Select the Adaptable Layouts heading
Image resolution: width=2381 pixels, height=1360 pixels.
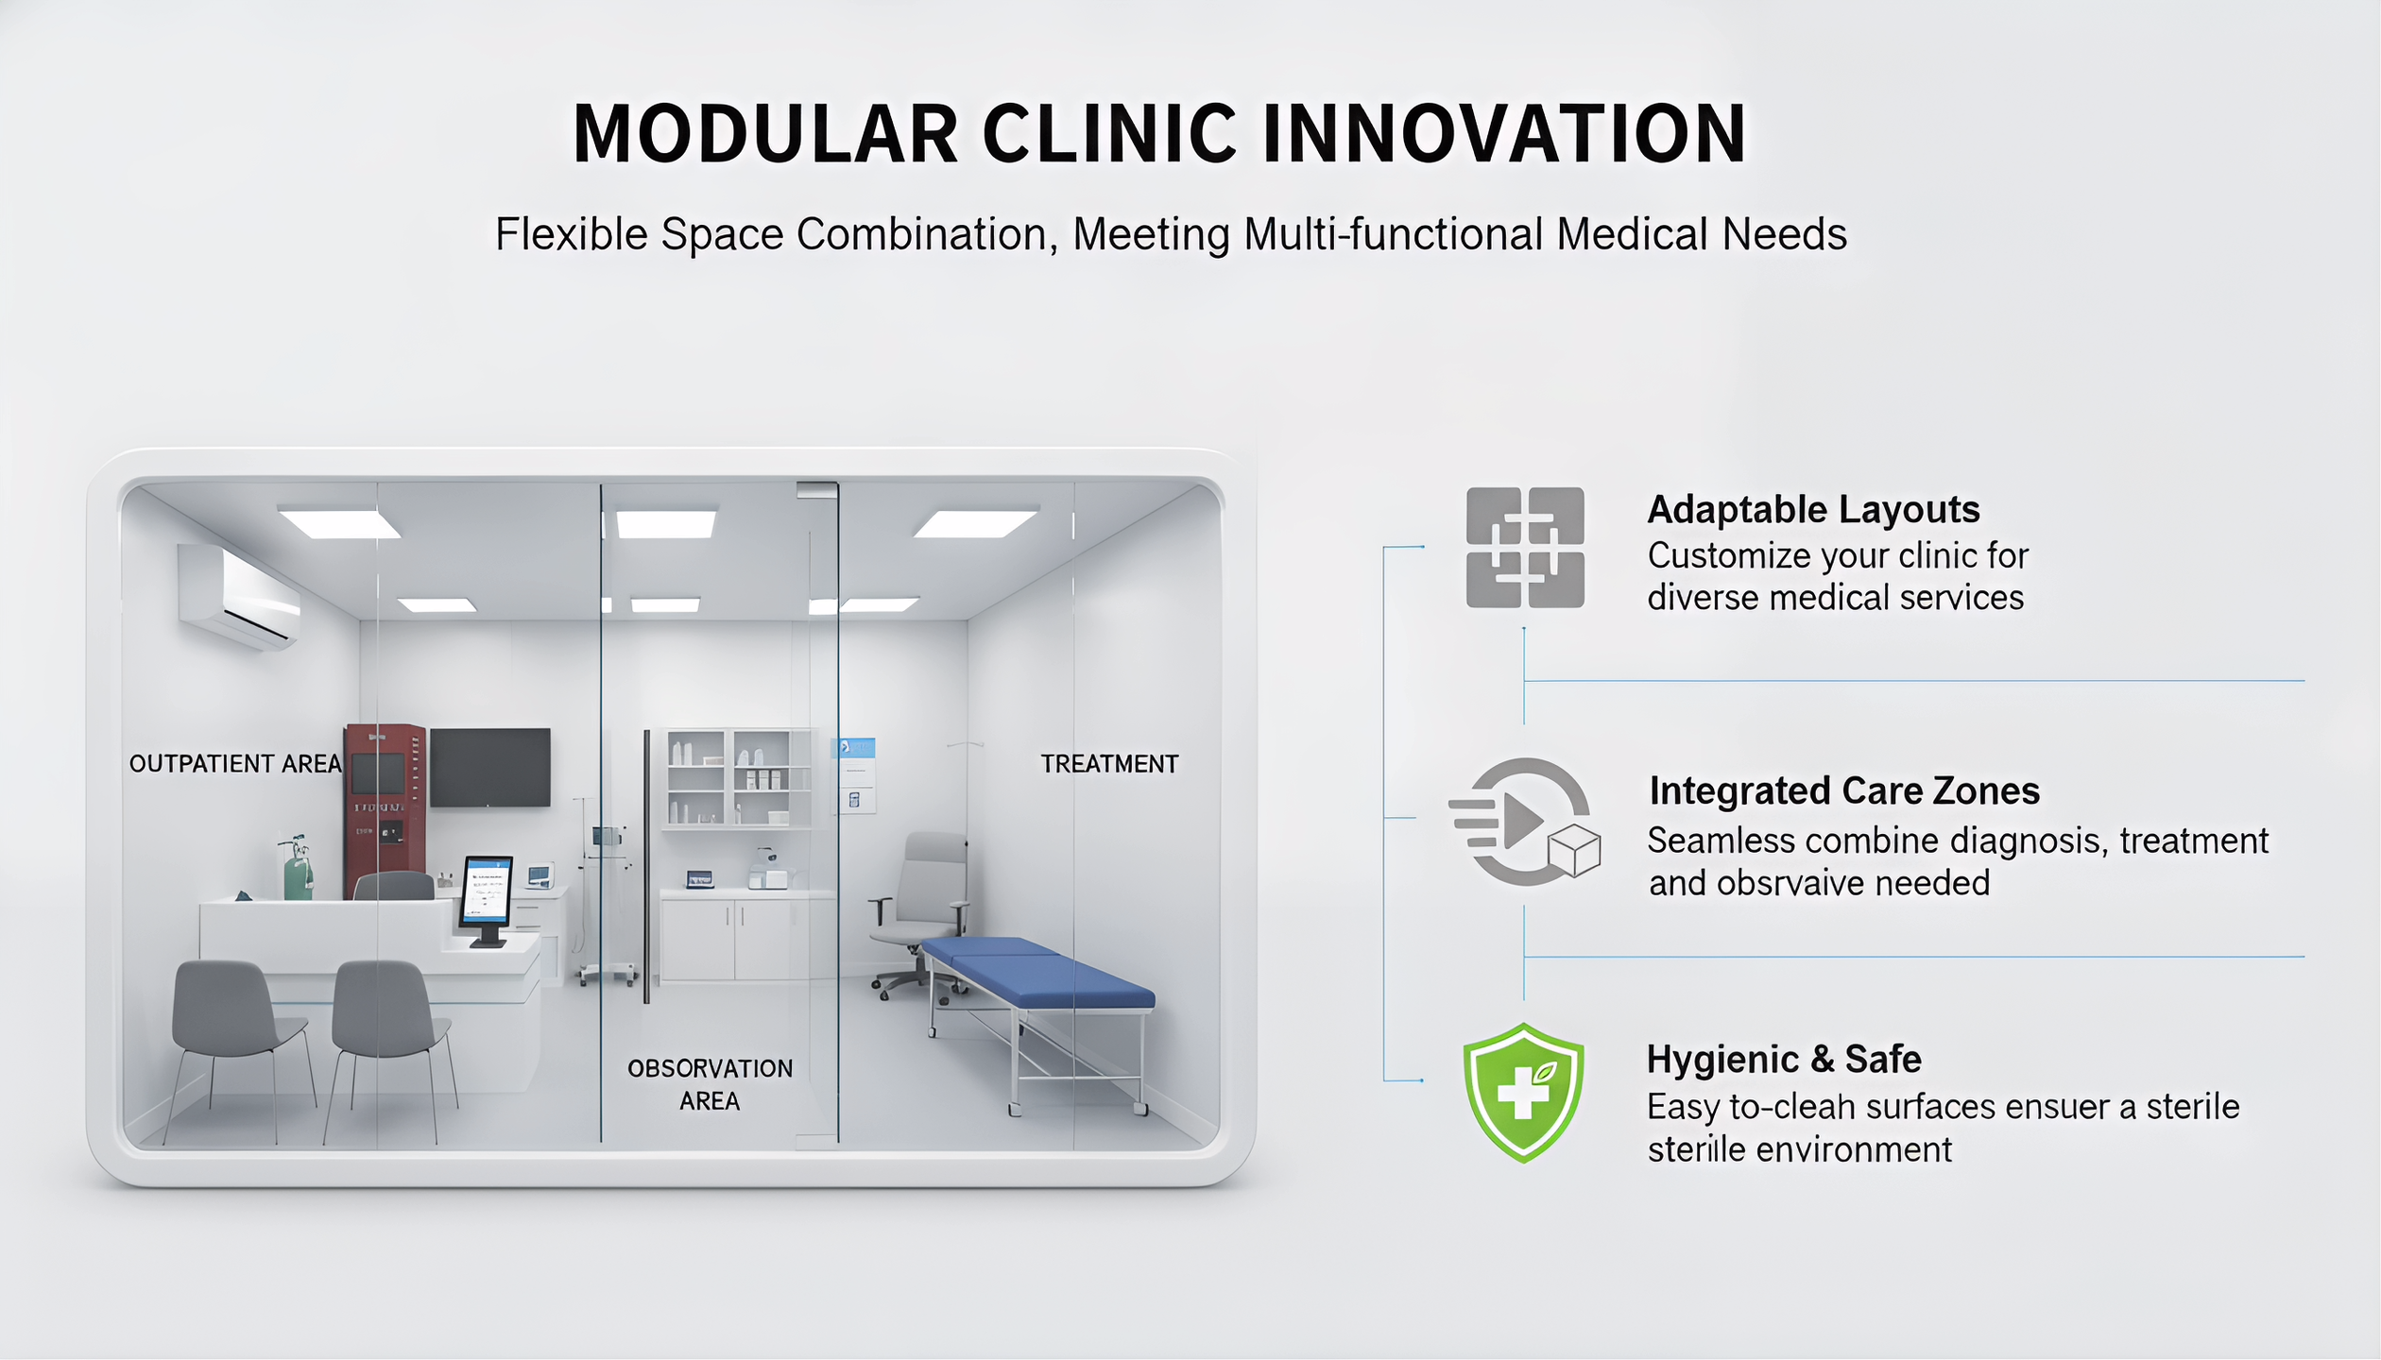point(1813,510)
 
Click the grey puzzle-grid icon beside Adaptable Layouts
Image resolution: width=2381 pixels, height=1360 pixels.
point(1525,548)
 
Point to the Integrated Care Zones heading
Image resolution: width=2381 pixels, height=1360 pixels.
point(1844,791)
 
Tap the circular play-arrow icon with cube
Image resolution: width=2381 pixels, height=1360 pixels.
point(1523,822)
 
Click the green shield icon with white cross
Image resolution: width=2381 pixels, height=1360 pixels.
point(1523,1093)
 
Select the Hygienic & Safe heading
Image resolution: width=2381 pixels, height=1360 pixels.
point(1784,1060)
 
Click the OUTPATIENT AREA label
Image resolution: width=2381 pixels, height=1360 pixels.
point(235,764)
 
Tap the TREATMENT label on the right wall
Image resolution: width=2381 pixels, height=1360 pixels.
point(1109,764)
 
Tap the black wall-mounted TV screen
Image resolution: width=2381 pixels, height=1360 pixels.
point(489,767)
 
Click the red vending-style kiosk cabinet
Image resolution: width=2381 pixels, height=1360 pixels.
point(384,803)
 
